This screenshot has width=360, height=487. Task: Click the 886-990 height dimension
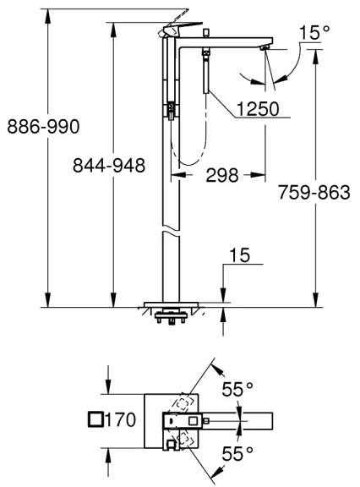(x=42, y=128)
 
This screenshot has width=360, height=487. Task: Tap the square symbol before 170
(x=95, y=419)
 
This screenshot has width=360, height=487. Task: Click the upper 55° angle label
(x=237, y=390)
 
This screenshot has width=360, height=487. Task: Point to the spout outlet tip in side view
(x=265, y=51)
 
